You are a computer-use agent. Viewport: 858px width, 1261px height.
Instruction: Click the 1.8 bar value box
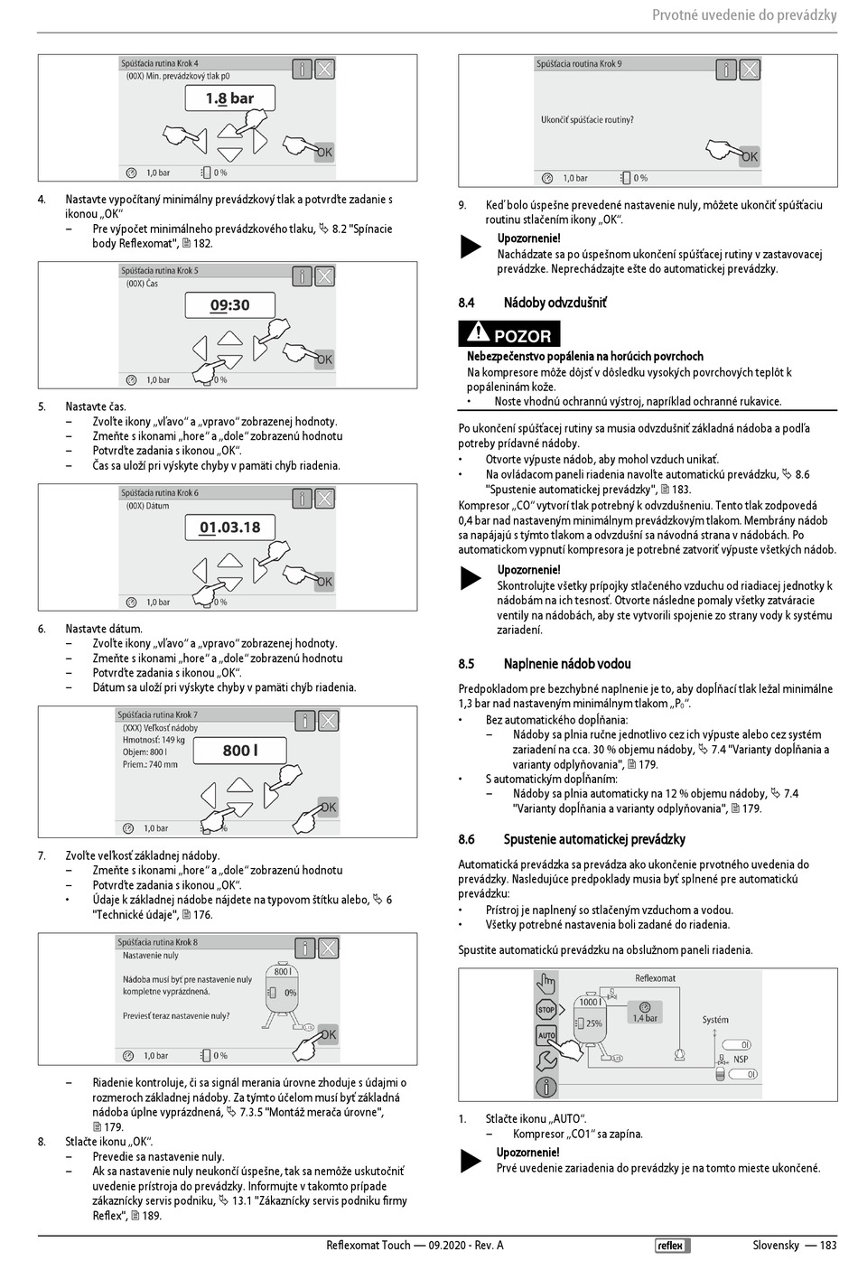[x=229, y=98]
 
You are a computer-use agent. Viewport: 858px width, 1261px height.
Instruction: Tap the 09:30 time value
[x=229, y=305]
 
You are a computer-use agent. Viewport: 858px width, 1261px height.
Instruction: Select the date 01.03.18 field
[x=229, y=528]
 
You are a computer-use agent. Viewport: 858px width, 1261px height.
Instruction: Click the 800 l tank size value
[x=240, y=750]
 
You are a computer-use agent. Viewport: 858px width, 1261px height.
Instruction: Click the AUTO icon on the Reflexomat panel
[x=546, y=1035]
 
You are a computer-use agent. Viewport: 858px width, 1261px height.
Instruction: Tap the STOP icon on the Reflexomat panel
[x=546, y=1009]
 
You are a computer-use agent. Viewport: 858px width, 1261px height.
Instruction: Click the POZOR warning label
[x=509, y=334]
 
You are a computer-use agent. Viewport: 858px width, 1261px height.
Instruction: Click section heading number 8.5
[x=466, y=664]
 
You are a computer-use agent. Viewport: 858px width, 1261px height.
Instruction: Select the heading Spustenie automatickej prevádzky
[x=594, y=839]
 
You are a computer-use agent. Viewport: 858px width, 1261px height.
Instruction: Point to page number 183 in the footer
[x=827, y=1246]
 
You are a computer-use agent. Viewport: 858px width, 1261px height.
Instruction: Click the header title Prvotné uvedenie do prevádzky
[x=744, y=15]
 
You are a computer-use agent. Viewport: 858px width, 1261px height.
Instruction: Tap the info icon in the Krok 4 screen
[x=302, y=69]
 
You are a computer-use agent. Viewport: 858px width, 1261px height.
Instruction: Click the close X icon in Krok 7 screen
[x=329, y=720]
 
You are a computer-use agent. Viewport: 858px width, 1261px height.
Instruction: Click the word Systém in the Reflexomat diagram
[x=714, y=1020]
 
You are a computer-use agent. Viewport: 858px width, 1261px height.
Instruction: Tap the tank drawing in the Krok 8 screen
[x=282, y=995]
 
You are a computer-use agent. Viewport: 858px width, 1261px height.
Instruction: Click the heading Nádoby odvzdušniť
[x=555, y=303]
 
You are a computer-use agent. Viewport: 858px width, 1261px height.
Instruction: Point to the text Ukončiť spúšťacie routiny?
[x=587, y=119]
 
